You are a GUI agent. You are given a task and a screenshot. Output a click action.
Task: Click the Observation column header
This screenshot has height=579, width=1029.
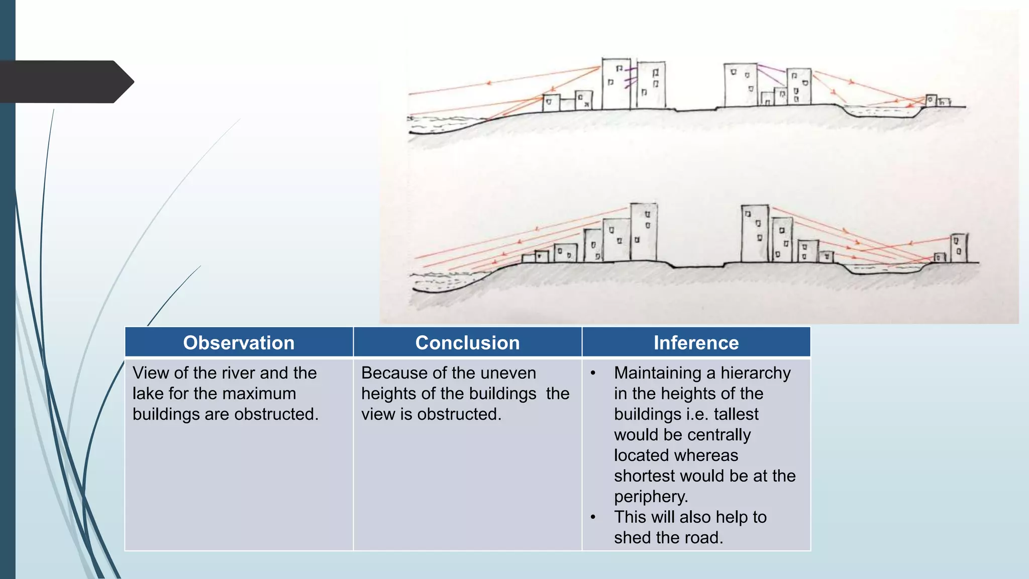tap(239, 343)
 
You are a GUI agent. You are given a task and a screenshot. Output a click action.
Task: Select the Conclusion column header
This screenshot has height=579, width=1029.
tap(467, 343)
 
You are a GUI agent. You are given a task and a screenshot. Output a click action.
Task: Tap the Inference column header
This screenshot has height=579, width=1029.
tap(696, 343)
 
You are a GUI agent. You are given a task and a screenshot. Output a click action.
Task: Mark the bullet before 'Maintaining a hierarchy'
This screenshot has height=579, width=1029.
tap(593, 373)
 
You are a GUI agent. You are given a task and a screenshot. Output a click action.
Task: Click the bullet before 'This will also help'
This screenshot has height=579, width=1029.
tap(593, 517)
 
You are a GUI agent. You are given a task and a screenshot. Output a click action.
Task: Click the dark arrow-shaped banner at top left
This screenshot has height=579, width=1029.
tap(65, 81)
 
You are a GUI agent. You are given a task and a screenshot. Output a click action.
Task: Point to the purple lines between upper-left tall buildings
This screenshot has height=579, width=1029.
tap(631, 78)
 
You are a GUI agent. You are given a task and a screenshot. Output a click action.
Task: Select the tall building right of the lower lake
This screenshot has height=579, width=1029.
tap(959, 247)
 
